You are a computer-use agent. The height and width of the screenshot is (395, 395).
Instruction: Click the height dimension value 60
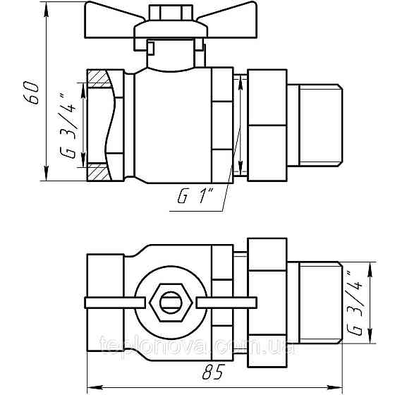[x=30, y=92]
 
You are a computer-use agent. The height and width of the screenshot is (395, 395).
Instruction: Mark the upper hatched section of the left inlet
[x=99, y=75]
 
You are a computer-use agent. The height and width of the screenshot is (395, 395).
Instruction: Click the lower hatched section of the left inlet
[x=97, y=171]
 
